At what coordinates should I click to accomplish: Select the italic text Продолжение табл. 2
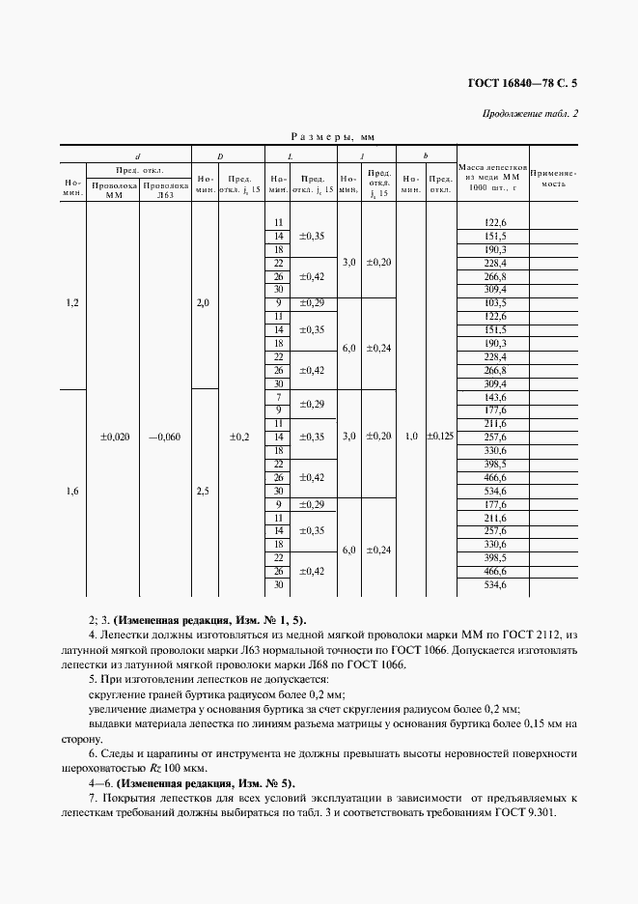pyautogui.click(x=535, y=115)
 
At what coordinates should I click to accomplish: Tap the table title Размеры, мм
pyautogui.click(x=319, y=138)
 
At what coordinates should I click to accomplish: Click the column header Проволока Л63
pyautogui.click(x=165, y=188)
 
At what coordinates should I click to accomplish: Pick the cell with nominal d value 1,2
pyautogui.click(x=72, y=303)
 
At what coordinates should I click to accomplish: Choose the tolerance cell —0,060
pyautogui.click(x=164, y=437)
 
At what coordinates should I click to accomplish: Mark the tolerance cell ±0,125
pyautogui.click(x=441, y=437)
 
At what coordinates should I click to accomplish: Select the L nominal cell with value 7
pyautogui.click(x=278, y=397)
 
